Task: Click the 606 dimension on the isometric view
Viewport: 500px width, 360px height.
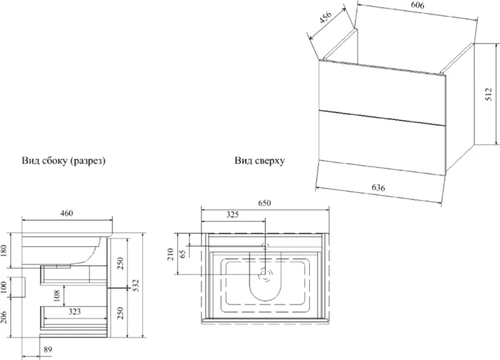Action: pos(418,6)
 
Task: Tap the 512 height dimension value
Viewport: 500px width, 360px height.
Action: pos(489,94)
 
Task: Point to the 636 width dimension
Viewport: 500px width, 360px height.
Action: pos(378,187)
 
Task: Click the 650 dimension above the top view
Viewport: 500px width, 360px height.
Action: pos(264,203)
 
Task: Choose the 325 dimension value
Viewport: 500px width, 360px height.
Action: pos(232,215)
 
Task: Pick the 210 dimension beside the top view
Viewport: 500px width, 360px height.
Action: pos(170,254)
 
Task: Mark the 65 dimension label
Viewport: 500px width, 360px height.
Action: pos(182,254)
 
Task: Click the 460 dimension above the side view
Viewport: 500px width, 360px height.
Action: pos(66,213)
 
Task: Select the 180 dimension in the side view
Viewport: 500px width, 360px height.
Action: pos(4,251)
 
